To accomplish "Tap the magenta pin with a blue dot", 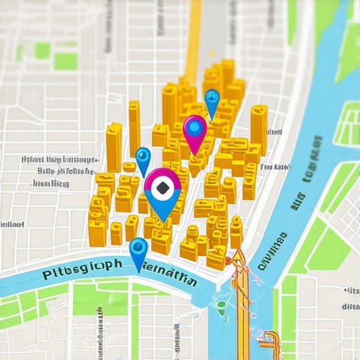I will coord(194,131).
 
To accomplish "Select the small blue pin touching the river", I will coord(139,250).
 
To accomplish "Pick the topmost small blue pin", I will coord(212,101).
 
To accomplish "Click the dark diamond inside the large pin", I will coord(162,187).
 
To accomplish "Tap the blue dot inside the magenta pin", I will coord(194,128).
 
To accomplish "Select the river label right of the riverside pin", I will coord(169,271).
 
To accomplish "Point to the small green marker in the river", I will coord(221,304).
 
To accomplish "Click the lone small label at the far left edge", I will coord(12,224).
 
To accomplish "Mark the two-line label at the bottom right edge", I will coord(350,298).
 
